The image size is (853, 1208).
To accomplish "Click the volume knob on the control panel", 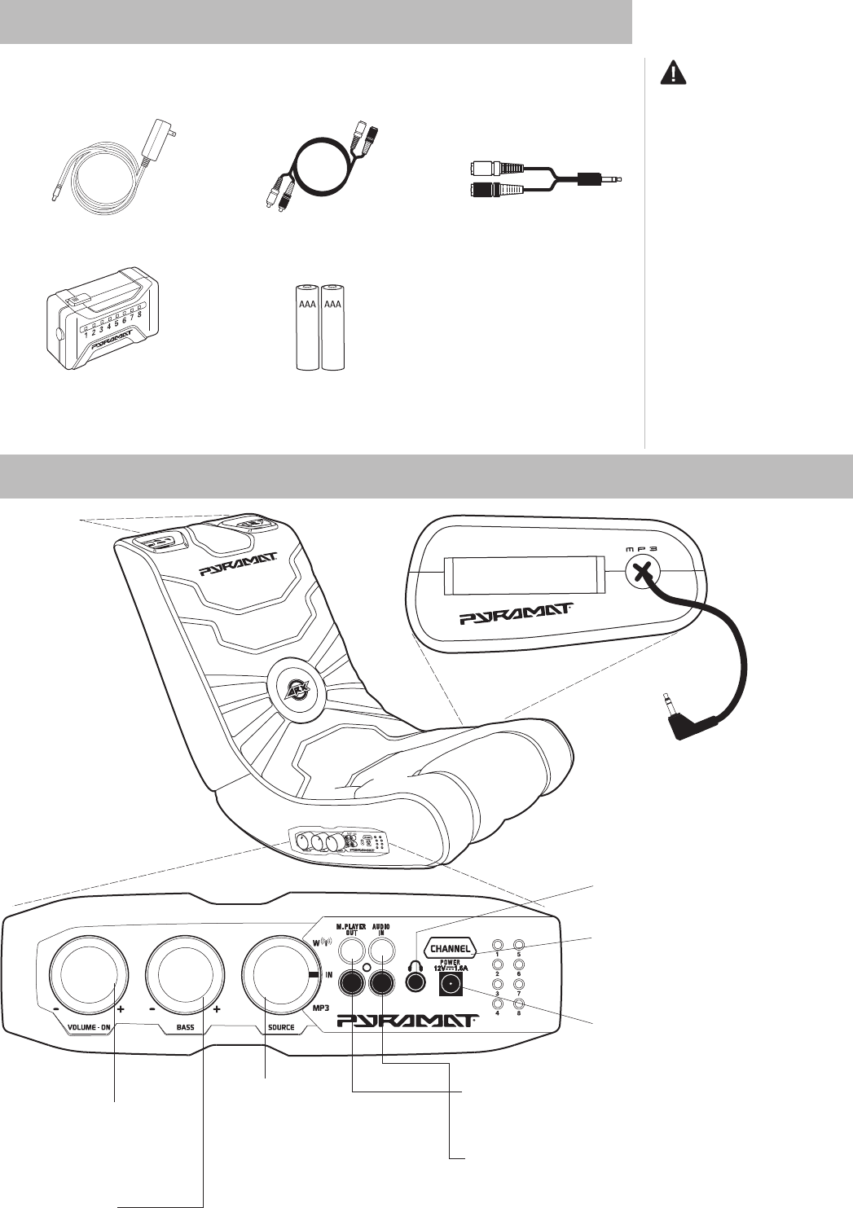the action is click(88, 976).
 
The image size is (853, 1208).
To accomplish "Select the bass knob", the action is click(185, 976).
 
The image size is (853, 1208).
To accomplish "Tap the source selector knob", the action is click(279, 976).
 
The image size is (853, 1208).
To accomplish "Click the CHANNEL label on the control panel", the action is click(450, 948).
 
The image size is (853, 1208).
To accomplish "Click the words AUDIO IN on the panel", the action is click(381, 929).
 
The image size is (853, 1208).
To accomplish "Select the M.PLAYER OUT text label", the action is click(352, 929).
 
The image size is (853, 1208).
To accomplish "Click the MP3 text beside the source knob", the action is click(322, 1008).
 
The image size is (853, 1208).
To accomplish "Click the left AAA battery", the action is click(308, 327).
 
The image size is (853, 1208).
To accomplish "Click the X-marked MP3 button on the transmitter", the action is click(644, 571).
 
